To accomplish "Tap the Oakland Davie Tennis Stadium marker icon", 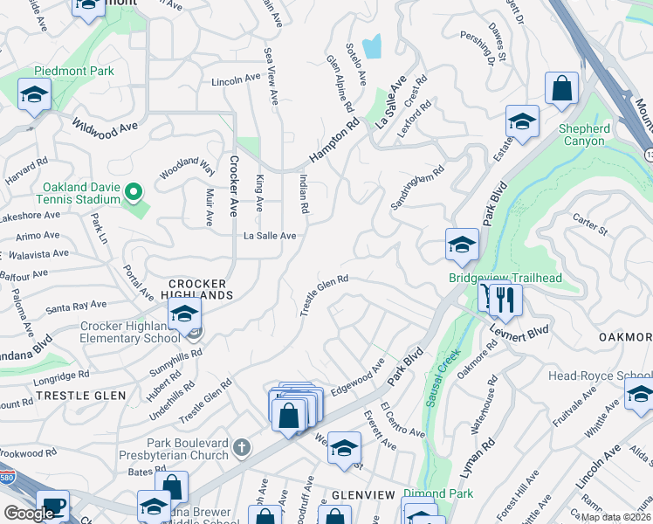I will [x=134, y=191].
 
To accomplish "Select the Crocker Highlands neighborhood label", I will [x=197, y=289].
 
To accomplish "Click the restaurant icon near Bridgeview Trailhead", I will [x=505, y=300].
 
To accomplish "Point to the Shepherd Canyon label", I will [x=584, y=134].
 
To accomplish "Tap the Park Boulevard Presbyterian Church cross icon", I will [x=242, y=449].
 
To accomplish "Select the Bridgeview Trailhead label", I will [x=505, y=278].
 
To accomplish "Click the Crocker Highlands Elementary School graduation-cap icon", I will [x=184, y=314].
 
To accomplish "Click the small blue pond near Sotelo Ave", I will [x=373, y=46].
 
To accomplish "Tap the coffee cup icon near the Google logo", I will [x=52, y=507].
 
